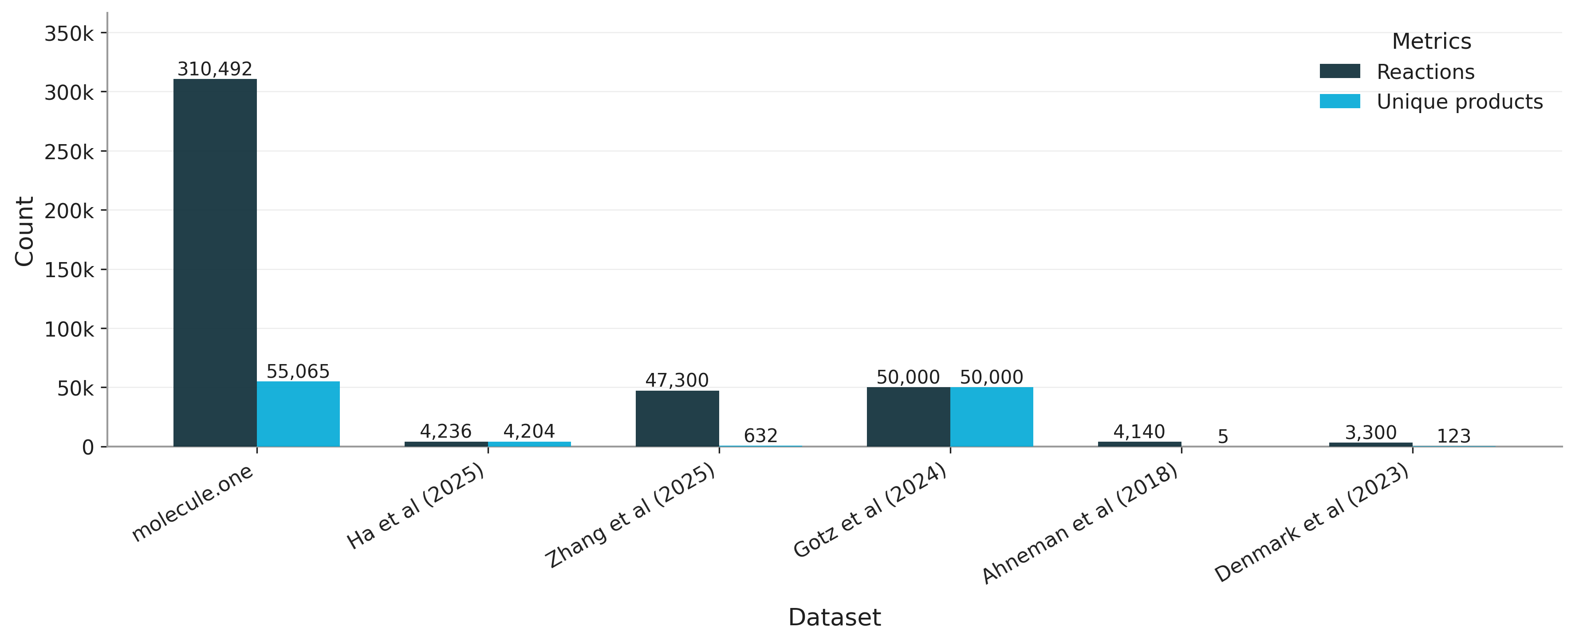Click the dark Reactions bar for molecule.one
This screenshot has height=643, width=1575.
(215, 263)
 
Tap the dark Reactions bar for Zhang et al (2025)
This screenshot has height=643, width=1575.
(677, 419)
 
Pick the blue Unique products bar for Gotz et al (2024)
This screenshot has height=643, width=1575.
(991, 417)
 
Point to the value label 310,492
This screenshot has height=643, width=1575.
(215, 69)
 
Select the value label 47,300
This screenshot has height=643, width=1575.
(677, 380)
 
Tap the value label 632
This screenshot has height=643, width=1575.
(760, 436)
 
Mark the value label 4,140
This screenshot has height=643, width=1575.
(1139, 432)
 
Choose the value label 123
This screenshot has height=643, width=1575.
(1453, 436)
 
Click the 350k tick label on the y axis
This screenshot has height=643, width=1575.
(69, 34)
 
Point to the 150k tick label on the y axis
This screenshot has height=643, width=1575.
(69, 270)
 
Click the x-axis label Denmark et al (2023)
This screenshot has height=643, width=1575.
(1311, 523)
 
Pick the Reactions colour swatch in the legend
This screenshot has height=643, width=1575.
(1339, 71)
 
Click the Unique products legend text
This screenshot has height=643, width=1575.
(1460, 102)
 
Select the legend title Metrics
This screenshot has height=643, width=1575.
(1431, 42)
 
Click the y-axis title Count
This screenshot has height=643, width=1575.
(24, 231)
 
